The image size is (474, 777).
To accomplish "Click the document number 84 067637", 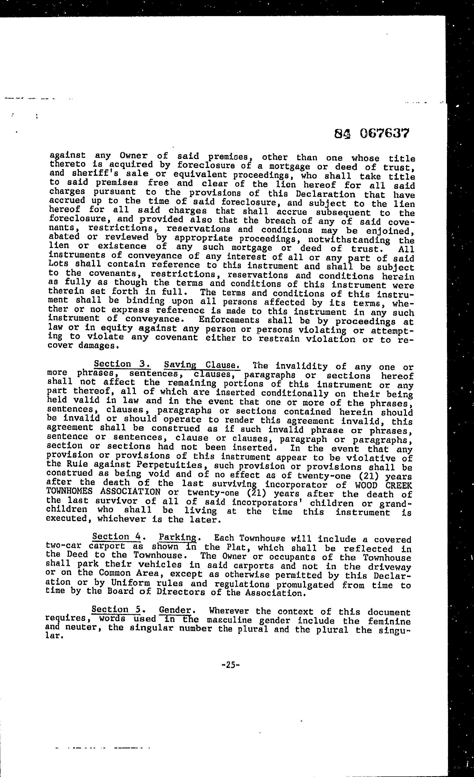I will point(371,134).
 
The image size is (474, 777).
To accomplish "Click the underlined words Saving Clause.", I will point(202,365).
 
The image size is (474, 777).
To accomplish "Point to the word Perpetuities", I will point(173,465).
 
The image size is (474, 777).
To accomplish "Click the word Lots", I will point(59,264).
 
